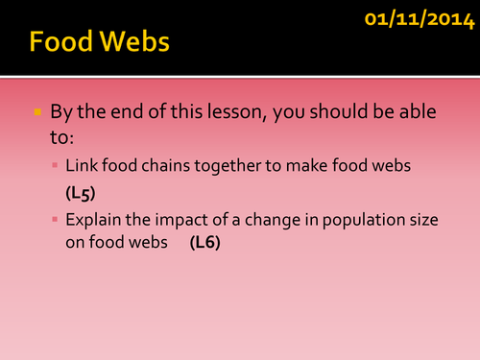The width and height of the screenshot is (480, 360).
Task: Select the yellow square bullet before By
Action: [38, 112]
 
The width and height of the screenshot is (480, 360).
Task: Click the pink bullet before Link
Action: [56, 165]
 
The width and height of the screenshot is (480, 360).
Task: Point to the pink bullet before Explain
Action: [56, 219]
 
